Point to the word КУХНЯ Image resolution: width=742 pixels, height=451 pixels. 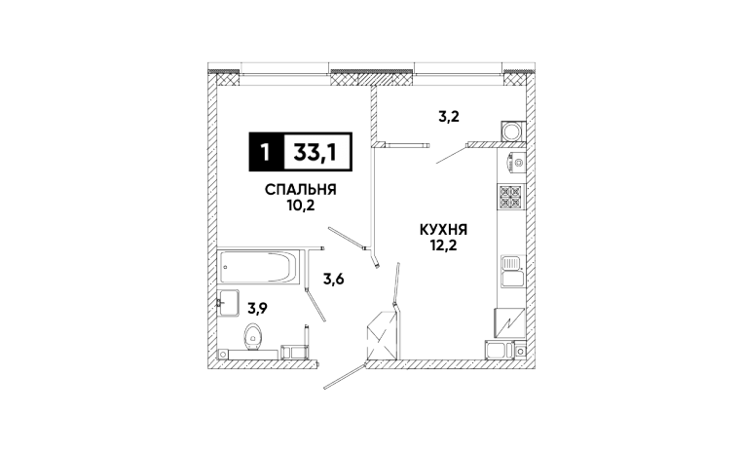444,231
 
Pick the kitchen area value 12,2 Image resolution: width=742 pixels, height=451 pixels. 444,246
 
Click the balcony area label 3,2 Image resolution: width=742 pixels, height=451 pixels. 448,116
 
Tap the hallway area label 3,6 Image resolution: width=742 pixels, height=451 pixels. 335,280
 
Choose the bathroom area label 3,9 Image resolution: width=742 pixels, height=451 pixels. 257,308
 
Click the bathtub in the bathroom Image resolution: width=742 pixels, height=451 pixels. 258,265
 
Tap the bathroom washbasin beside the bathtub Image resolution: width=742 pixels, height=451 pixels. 229,303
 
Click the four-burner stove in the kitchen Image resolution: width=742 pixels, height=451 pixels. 512,198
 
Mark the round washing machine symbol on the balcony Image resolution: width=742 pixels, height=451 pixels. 511,132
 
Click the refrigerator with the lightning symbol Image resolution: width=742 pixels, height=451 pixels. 512,320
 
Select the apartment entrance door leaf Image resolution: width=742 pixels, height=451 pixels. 343,376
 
